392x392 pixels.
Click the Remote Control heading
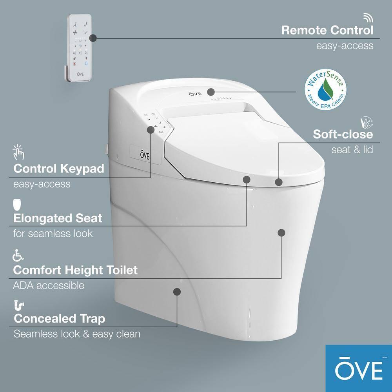(x=327, y=30)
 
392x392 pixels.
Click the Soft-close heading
(x=343, y=134)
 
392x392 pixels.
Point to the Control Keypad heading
(x=59, y=169)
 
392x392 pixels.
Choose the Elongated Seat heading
(x=58, y=218)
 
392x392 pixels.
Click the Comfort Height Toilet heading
(x=75, y=270)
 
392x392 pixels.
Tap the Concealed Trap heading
(x=60, y=319)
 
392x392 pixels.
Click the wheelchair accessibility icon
(x=18, y=256)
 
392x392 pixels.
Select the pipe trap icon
(x=18, y=305)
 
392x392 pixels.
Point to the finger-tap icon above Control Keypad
(x=18, y=152)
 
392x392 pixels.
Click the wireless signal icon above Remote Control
(x=368, y=18)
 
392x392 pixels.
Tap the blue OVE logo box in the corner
(x=358, y=368)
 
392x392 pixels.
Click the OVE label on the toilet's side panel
(x=145, y=152)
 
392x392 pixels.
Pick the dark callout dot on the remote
(x=93, y=38)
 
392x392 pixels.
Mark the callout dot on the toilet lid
(x=211, y=92)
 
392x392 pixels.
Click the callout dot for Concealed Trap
(x=177, y=292)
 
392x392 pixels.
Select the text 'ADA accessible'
(x=49, y=285)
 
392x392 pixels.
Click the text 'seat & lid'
(x=352, y=149)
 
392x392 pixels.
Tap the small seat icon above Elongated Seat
(x=17, y=205)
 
